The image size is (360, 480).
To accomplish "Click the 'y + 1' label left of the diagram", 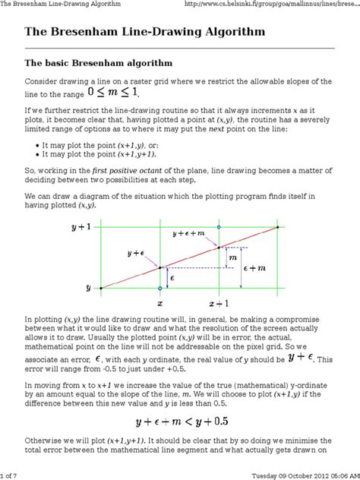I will [x=81, y=226].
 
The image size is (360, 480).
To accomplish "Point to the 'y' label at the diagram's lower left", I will [x=88, y=289].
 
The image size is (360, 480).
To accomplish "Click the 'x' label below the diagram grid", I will [x=159, y=302].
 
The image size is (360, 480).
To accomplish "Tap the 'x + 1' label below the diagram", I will [x=219, y=302].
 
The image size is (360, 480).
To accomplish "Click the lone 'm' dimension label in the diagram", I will [x=232, y=258].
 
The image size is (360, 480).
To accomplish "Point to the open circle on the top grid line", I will [x=219, y=227].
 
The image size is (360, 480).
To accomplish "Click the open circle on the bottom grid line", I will [x=159, y=289].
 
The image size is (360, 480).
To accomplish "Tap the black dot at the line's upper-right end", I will [x=278, y=227].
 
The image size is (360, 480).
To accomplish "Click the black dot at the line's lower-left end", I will [x=100, y=289].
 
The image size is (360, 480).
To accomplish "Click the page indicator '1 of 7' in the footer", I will [x=12, y=475].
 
